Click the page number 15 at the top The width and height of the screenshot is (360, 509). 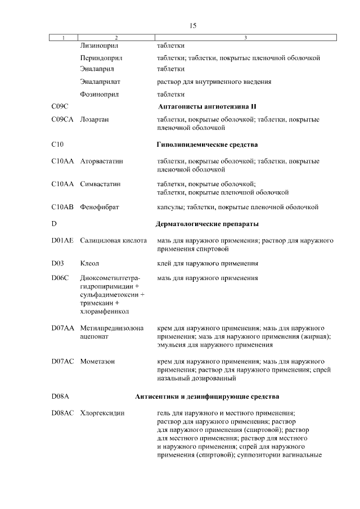pos(193,26)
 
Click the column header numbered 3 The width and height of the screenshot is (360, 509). pos(246,38)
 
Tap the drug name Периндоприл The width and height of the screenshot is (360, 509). pos(101,57)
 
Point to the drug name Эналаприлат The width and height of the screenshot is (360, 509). pos(101,82)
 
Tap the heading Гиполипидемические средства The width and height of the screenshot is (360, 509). pos(207,145)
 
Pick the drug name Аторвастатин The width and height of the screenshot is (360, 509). pos(102,161)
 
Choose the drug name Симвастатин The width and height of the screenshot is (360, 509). pos(101,184)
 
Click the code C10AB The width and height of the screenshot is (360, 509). pos(62,208)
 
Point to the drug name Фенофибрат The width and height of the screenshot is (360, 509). pos(99,208)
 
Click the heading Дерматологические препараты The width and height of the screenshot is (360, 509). pos(207,224)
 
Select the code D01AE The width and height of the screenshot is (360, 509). pos(62,240)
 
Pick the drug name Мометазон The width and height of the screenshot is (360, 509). pos(97,361)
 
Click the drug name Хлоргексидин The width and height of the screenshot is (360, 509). pos(102,413)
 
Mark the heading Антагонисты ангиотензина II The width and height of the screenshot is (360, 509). pos(208,106)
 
